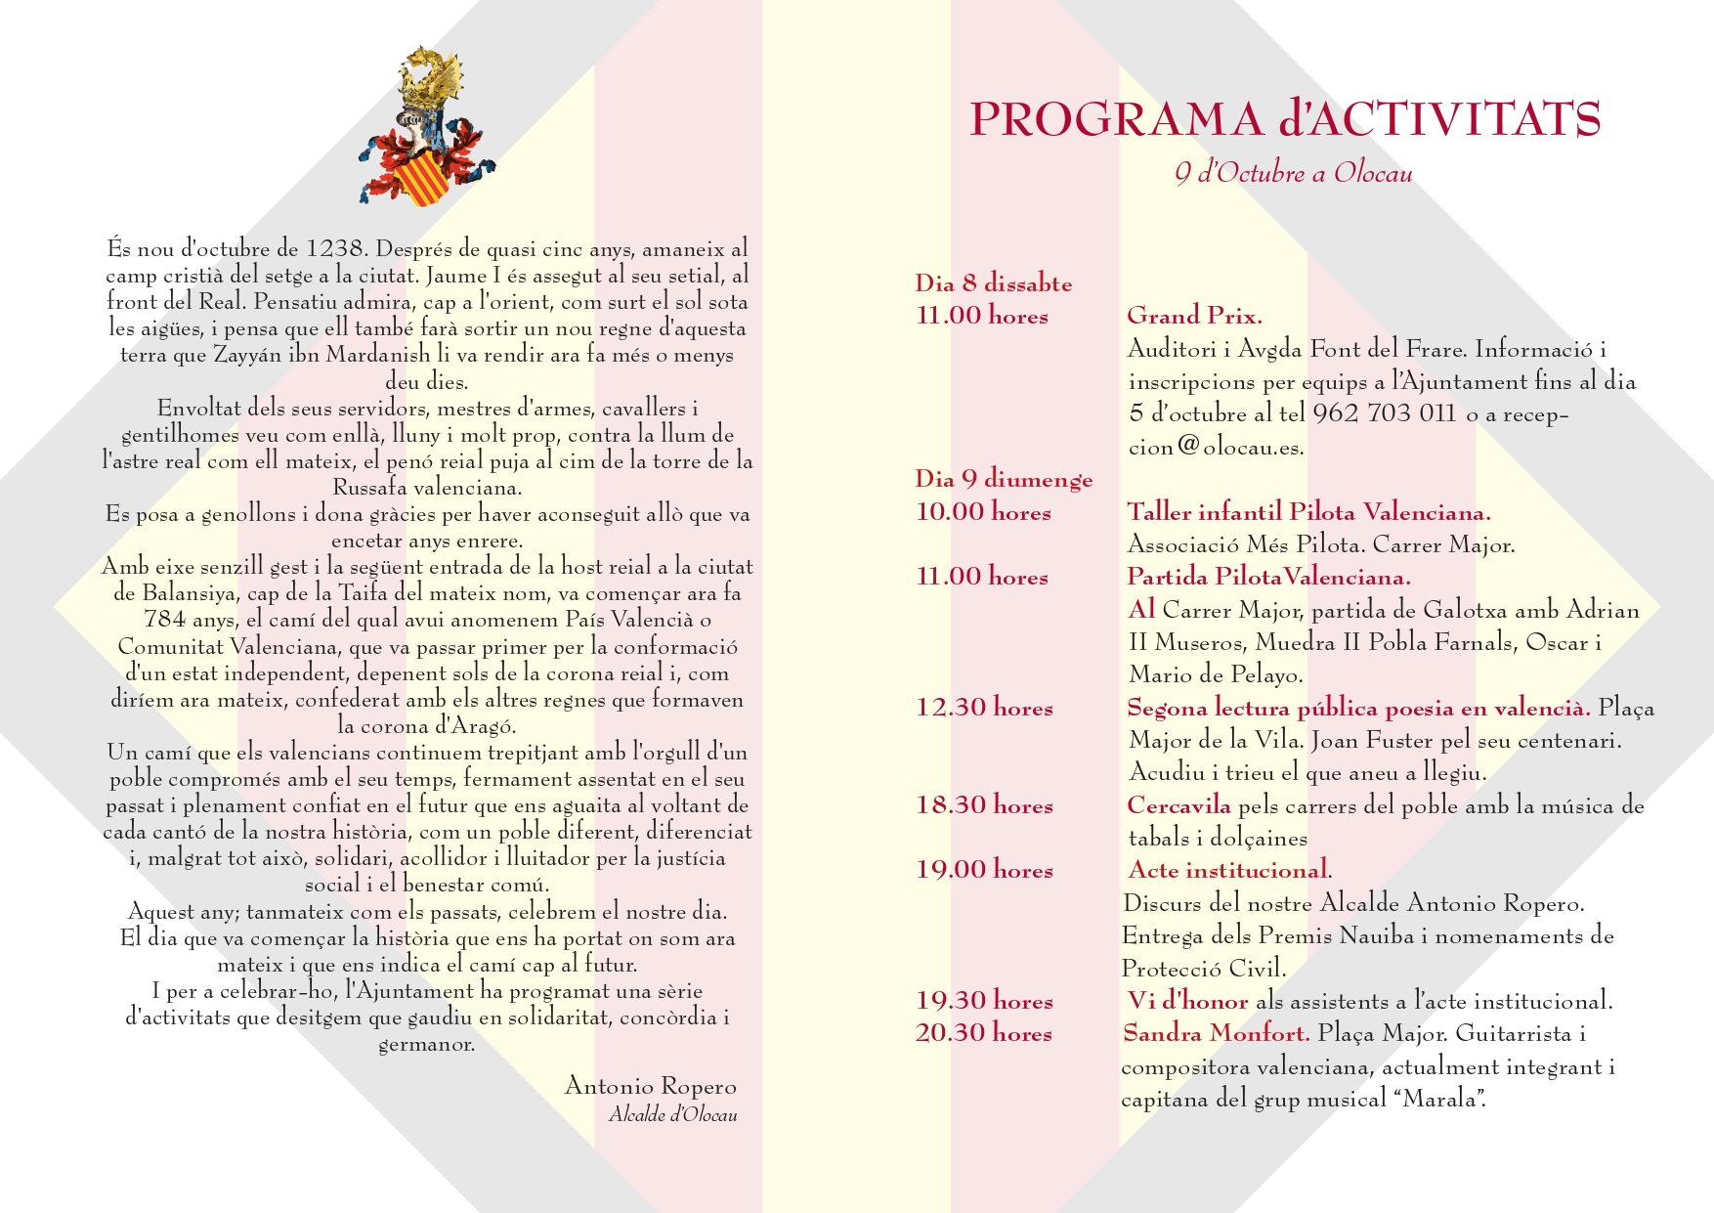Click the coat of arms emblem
pos(427,127)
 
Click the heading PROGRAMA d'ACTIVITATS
pos(1285,119)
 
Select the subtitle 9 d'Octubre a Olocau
pos(1294,174)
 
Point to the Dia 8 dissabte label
pos(993,284)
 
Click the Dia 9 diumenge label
pos(1004,480)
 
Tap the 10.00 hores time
pos(983,512)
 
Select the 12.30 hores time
pos(984,708)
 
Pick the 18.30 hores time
pos(984,805)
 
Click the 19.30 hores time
pos(984,1001)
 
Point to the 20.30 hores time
pos(984,1033)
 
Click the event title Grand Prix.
pos(1194,316)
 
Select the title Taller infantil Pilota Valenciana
pos(1308,512)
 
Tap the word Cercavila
pos(1178,805)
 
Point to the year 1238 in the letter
pos(335,248)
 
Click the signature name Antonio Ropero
pos(651,1086)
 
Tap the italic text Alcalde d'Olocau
pos(672,1115)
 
